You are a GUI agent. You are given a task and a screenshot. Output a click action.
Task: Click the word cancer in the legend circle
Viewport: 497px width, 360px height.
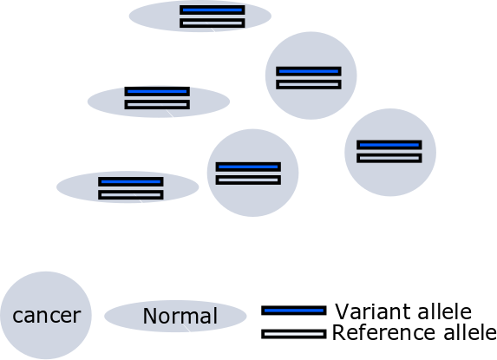tap(47, 316)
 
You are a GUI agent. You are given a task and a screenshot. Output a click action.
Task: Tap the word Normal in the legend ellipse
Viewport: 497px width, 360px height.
tap(180, 316)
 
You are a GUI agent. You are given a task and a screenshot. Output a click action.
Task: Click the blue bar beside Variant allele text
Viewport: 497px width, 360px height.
tap(294, 311)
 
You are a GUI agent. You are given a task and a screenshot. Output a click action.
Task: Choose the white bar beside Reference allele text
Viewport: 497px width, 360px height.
tap(294, 334)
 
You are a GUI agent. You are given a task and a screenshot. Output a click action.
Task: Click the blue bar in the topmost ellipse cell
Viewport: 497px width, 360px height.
tap(213, 10)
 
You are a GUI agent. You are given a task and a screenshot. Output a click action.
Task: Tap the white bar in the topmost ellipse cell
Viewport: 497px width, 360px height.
tap(213, 23)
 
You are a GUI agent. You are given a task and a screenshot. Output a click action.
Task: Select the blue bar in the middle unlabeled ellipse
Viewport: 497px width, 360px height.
tap(157, 92)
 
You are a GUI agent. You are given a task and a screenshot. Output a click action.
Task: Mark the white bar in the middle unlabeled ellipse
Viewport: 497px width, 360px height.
tap(157, 105)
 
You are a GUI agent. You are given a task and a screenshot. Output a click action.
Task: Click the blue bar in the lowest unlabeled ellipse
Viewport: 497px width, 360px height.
tap(131, 181)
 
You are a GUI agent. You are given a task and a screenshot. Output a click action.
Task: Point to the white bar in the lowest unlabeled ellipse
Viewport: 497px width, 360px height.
tap(131, 195)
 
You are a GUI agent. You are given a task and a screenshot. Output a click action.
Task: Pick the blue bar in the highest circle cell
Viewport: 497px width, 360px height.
tap(309, 71)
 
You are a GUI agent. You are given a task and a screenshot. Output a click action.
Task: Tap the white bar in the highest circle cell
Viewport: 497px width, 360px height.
tap(309, 85)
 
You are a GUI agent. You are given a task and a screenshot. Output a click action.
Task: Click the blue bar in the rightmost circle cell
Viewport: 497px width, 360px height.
tap(389, 145)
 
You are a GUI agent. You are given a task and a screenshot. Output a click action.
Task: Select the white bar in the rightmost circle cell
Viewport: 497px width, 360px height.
tap(389, 158)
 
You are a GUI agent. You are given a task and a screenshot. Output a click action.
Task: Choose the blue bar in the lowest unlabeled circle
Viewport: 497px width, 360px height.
tap(248, 167)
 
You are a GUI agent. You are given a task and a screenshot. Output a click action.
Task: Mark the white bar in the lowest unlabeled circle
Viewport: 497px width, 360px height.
tap(248, 180)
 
